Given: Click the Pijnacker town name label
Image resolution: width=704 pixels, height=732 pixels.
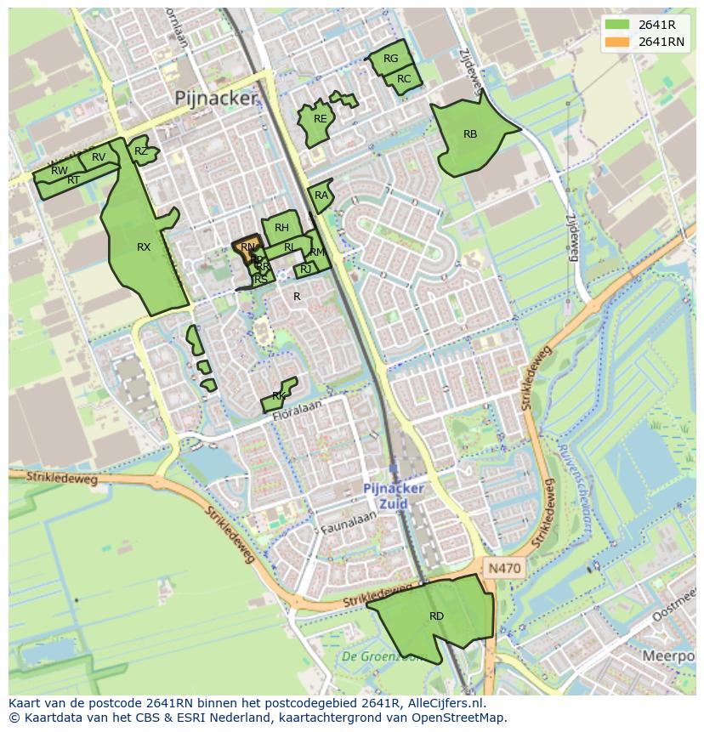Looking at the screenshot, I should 214,99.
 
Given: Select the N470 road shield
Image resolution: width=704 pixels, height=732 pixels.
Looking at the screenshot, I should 503,567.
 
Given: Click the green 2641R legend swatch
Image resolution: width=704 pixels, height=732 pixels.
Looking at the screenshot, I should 618,25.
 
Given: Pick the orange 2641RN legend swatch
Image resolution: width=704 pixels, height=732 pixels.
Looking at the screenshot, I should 618,42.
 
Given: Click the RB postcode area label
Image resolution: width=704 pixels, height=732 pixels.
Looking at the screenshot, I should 470,134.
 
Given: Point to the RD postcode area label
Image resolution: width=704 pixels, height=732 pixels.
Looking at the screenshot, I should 436,616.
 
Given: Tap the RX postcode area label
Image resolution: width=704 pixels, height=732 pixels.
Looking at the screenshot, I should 144,247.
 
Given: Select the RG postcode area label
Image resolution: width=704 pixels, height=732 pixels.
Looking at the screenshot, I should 390,59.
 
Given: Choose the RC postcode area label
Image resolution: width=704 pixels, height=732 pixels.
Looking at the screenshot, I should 404,79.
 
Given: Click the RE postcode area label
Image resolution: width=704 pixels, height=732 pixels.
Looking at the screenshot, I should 320,119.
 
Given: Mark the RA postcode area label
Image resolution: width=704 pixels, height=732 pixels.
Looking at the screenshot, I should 321,196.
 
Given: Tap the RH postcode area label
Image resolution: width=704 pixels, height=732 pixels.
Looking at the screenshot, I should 281,228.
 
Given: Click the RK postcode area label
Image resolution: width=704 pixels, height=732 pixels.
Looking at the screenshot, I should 279,396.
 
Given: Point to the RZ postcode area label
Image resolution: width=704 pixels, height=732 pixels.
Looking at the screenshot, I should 141,151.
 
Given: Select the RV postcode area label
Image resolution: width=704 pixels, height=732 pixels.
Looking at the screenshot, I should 99,157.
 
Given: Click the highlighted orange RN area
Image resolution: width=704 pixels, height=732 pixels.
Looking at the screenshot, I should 247,247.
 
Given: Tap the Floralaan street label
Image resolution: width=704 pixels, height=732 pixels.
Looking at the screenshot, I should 299,407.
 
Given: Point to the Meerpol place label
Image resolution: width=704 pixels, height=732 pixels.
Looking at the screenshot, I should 668,656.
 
